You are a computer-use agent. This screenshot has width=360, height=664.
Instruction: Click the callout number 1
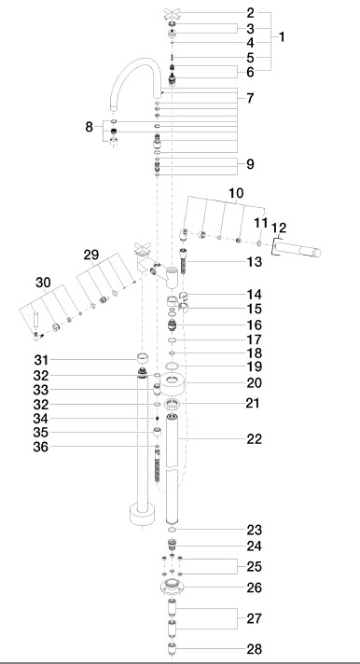tap(282, 37)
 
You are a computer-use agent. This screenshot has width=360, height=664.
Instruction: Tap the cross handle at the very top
tap(172, 14)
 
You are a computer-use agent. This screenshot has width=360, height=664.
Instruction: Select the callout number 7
tap(250, 98)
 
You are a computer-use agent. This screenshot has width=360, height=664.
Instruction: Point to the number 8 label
tap(89, 127)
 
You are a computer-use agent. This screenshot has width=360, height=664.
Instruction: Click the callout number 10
tap(236, 193)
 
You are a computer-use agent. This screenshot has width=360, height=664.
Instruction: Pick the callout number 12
tap(279, 228)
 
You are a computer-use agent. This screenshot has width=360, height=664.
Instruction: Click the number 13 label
tap(254, 262)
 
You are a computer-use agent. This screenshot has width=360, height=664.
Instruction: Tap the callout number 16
tap(254, 325)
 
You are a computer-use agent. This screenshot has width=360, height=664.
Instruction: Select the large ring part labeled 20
tap(173, 382)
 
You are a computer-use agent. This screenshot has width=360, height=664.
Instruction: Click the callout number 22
tap(254, 439)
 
